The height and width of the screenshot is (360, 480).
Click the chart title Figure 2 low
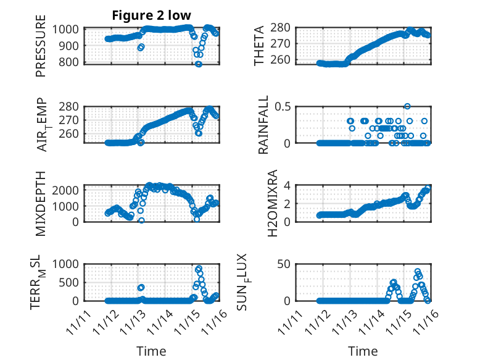(x=151, y=15)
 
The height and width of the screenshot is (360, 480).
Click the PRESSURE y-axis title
(x=41, y=51)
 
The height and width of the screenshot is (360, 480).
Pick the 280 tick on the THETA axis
(x=282, y=28)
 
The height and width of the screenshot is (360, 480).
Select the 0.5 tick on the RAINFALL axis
(x=281, y=106)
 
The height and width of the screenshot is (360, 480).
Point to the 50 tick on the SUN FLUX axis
(x=284, y=264)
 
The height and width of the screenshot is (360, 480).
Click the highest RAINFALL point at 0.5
(x=407, y=106)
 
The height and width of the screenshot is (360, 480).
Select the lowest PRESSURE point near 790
(x=199, y=64)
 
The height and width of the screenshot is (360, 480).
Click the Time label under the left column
(x=151, y=351)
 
